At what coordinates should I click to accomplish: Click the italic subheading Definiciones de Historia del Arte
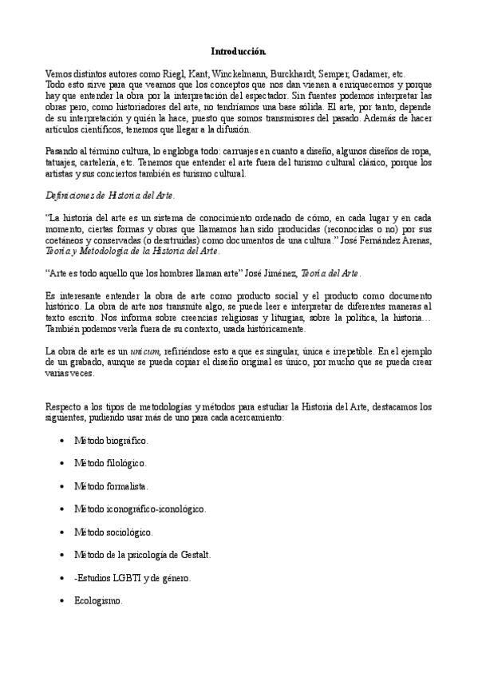tap(111, 195)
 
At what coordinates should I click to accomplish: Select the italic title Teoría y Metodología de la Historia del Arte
tap(132, 251)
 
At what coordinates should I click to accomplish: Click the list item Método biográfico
tap(111, 439)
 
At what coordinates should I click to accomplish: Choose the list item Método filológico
tap(111, 462)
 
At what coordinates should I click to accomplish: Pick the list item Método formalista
tap(111, 485)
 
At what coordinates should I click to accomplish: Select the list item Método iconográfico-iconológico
tap(140, 509)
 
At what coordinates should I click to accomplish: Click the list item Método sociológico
tap(113, 532)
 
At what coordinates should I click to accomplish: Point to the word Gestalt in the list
tap(192, 555)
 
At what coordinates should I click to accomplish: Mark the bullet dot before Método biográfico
tap(63, 440)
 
